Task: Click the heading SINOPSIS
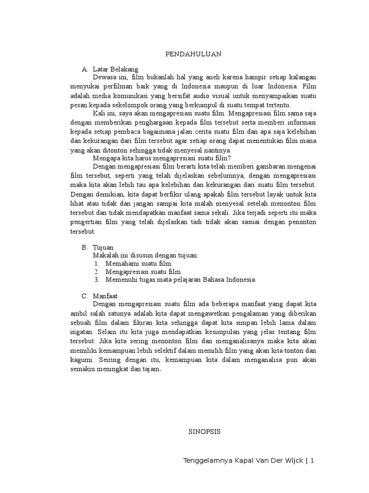(203, 432)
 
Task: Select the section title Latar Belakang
(115, 69)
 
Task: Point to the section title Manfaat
(105, 295)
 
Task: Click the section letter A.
(85, 69)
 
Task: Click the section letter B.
(85, 246)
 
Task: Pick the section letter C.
(85, 295)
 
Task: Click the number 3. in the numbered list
(97, 279)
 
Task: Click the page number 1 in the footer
(312, 461)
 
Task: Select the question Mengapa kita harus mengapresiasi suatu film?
(162, 157)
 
